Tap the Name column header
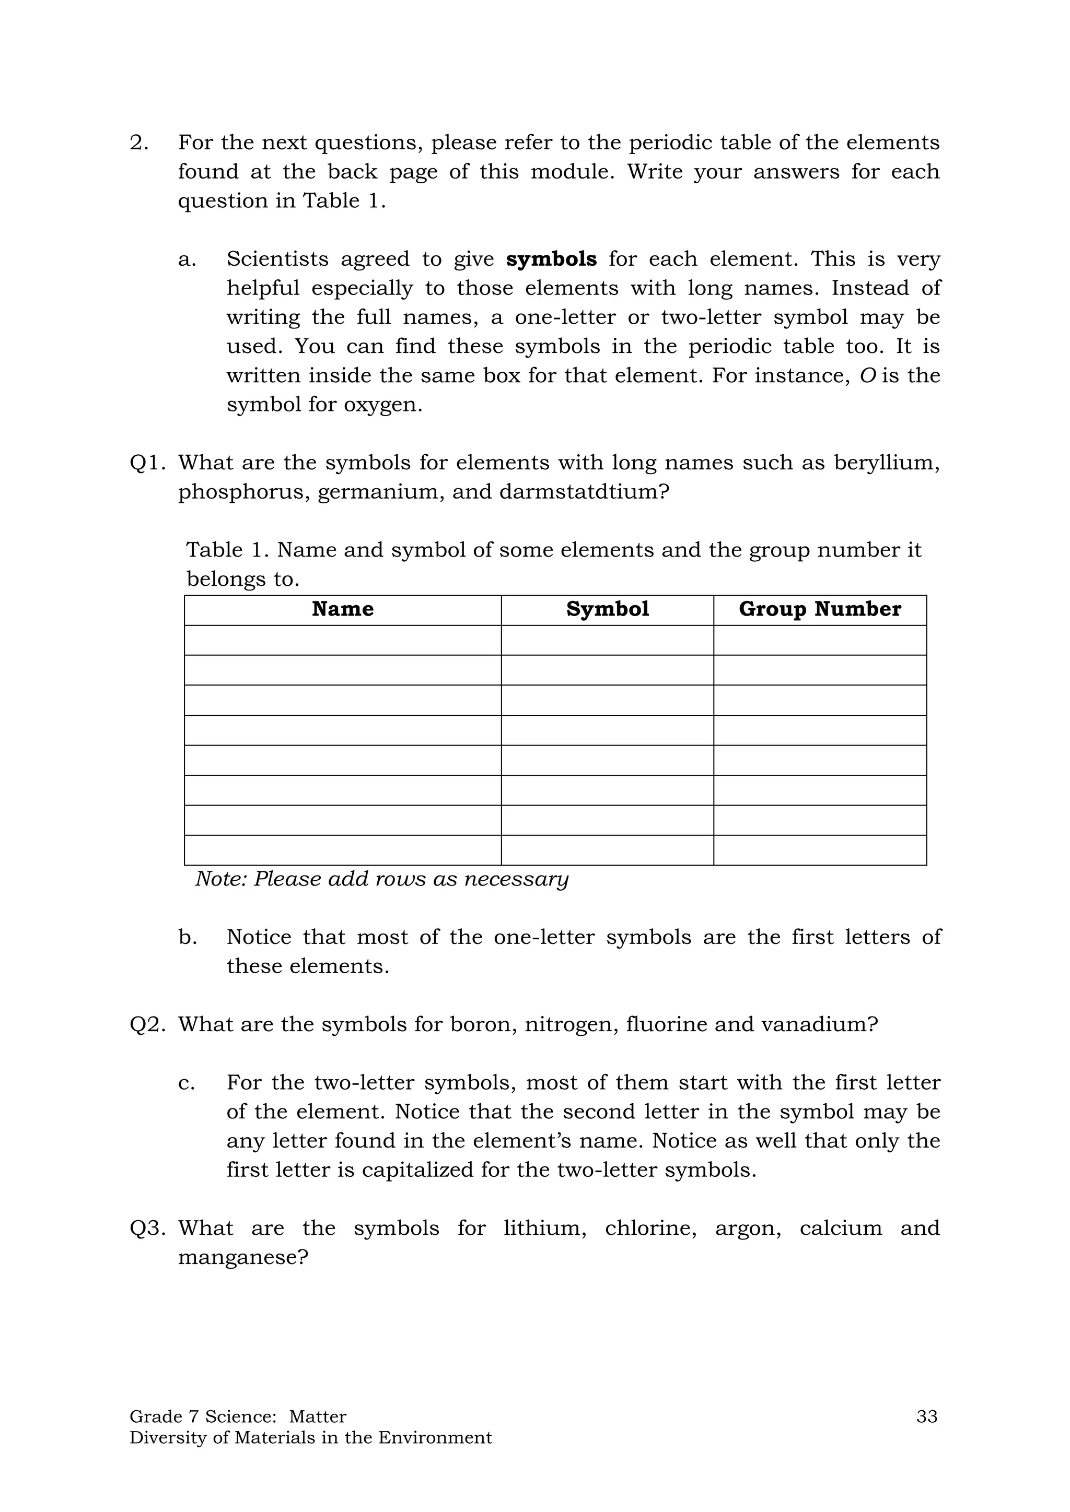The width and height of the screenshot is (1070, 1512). pos(342,609)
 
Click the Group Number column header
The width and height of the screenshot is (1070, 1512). pos(819,609)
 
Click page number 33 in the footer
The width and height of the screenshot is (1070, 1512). pos(926,1416)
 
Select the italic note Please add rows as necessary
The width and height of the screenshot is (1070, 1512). pos(381,879)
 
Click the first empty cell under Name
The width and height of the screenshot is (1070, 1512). pos(342,640)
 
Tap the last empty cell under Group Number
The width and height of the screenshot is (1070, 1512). pos(819,850)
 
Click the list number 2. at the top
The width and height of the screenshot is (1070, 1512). pos(139,143)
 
